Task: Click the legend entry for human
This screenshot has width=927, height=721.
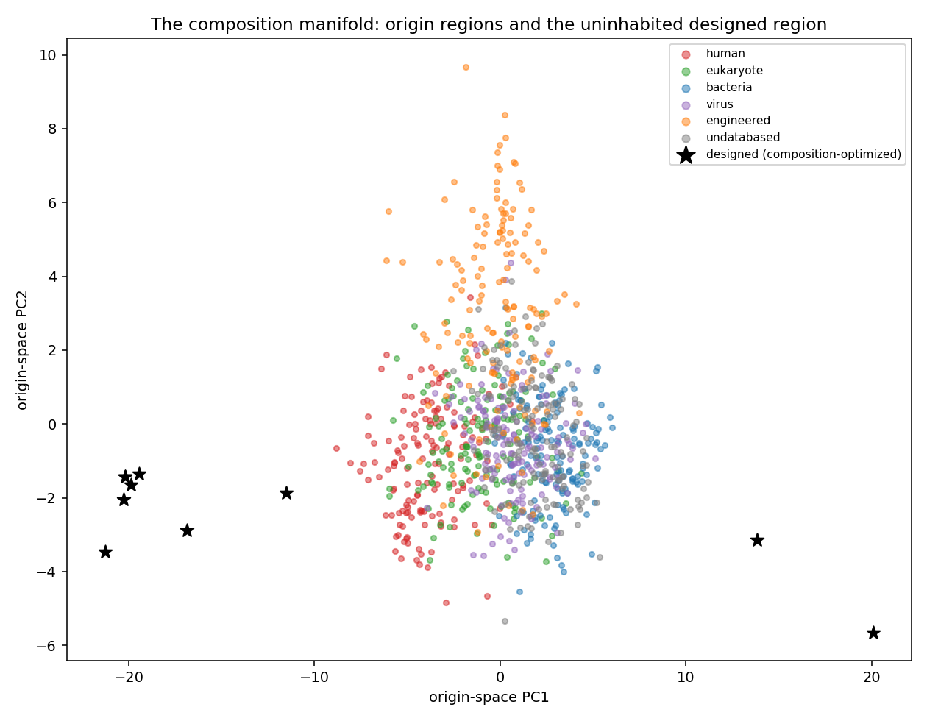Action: coord(725,54)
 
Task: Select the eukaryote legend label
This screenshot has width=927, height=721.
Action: coord(734,71)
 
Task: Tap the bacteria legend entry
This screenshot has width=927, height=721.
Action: coord(728,88)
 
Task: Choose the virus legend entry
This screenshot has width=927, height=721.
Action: coord(720,104)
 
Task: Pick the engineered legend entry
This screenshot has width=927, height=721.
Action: coord(738,121)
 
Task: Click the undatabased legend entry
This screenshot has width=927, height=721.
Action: coord(743,138)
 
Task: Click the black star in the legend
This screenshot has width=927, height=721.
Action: coord(686,154)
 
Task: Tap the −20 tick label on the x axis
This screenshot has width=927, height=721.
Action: coord(129,678)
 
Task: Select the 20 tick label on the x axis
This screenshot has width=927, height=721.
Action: coord(872,678)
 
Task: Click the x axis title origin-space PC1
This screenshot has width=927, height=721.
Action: coord(489,697)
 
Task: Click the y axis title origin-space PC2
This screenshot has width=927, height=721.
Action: coord(22,350)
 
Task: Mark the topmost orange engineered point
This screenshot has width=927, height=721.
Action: coord(466,68)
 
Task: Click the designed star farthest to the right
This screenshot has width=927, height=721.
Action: coord(873,633)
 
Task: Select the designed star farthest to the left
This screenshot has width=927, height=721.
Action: coord(105,552)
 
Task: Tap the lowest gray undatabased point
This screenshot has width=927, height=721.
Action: coord(505,621)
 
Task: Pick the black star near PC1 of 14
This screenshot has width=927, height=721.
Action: coord(757,540)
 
